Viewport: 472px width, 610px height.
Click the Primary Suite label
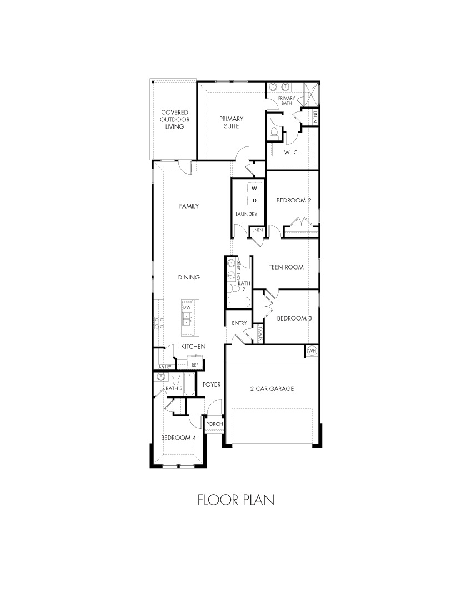point(231,122)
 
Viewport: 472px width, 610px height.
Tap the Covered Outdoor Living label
point(174,119)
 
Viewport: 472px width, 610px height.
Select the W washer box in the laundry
point(254,189)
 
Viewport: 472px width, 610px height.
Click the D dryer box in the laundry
point(254,200)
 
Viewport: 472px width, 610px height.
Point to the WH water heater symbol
point(312,351)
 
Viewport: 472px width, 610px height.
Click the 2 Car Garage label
point(272,388)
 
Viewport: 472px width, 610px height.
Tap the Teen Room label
point(286,267)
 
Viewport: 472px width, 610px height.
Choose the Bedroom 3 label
point(294,318)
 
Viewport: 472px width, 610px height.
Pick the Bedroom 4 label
point(178,438)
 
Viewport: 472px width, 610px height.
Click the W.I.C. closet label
point(291,152)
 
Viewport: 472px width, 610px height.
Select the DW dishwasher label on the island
point(187,307)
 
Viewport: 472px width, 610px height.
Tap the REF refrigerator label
point(195,365)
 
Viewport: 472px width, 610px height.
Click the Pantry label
point(164,367)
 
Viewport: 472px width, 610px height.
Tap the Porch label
point(214,424)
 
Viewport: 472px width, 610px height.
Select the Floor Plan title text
point(235,500)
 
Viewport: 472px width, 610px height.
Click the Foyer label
point(212,384)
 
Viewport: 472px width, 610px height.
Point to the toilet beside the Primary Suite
point(274,133)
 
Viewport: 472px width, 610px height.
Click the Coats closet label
point(260,333)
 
